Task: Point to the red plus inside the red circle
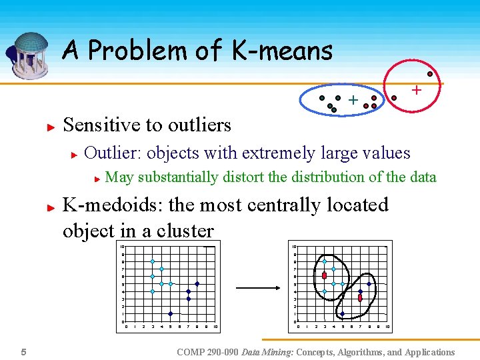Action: pyautogui.click(x=416, y=89)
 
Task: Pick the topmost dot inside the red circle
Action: pyautogui.click(x=430, y=73)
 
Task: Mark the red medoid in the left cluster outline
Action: pyautogui.click(x=325, y=275)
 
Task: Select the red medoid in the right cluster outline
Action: pyautogui.click(x=360, y=298)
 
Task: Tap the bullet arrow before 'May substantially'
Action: pyautogui.click(x=97, y=179)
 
